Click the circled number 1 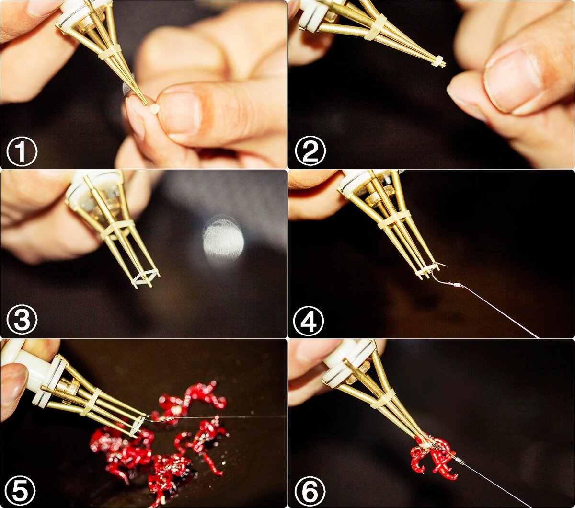click(x=22, y=151)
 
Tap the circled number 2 click(x=310, y=150)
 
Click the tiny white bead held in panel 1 click(x=154, y=108)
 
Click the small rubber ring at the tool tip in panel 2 click(x=438, y=61)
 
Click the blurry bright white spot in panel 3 click(x=224, y=237)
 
